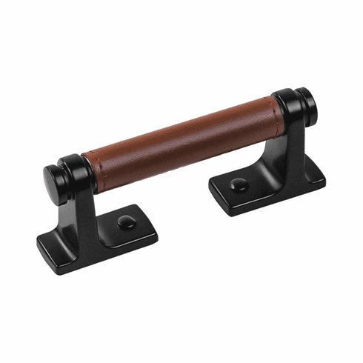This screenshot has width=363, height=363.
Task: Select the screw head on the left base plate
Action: tap(125, 220)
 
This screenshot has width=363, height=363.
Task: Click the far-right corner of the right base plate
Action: tap(323, 175)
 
